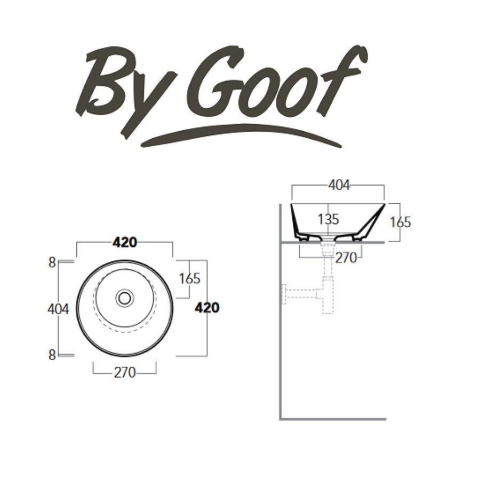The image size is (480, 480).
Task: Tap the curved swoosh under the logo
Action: pos(240,133)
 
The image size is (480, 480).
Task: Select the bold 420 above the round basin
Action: pos(125,242)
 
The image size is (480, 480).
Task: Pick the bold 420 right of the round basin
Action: pos(207,308)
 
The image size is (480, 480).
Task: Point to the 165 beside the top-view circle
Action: pos(189,278)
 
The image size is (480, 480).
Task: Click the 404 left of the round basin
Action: pos(58,309)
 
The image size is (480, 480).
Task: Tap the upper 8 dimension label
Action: pos(52,262)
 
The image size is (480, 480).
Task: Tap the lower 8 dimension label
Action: pos(52,355)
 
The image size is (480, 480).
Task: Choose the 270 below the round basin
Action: pos(124,372)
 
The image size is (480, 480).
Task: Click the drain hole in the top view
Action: pos(125,297)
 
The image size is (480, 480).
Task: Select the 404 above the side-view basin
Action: pos(339,185)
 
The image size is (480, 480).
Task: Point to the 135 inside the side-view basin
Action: pos(329,219)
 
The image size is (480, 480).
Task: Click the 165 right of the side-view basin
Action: pos(401,221)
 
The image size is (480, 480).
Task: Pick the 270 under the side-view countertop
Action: pos(346,258)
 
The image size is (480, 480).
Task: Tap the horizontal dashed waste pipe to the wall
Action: pos(301,292)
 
